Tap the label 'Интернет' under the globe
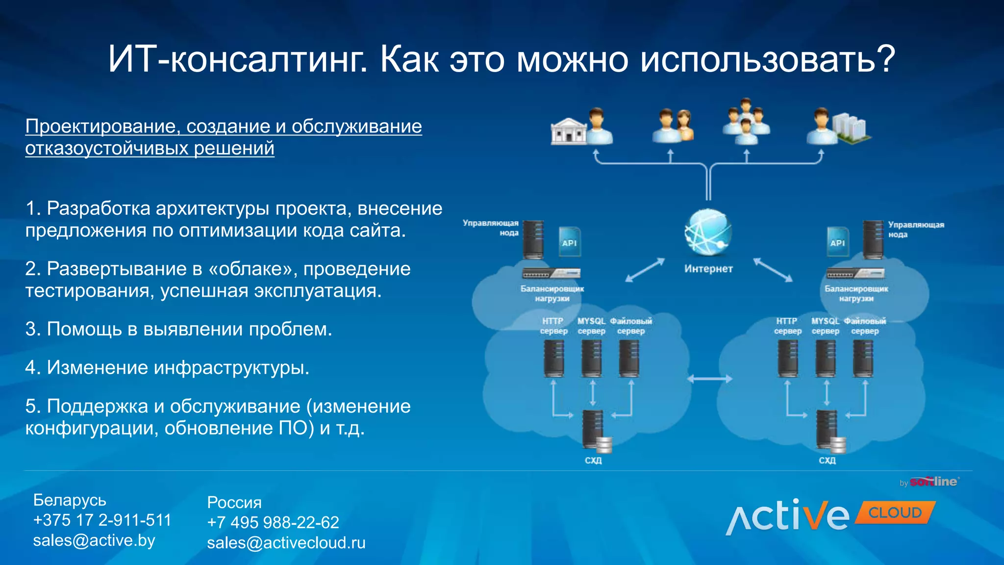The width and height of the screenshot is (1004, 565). point(708,269)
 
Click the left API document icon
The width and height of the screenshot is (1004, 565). point(569,242)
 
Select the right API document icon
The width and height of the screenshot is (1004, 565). point(837,242)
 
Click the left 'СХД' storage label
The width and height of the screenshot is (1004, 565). point(593,461)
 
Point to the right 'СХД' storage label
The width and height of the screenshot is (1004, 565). point(827,461)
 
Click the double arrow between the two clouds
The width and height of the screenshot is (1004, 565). point(709,379)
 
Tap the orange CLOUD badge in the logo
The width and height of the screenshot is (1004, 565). point(895,513)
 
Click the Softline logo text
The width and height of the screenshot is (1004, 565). point(933,482)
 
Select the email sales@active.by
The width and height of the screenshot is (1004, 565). point(94,540)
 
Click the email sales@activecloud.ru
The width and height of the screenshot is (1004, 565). point(286,543)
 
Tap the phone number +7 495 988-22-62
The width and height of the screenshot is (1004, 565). point(273,522)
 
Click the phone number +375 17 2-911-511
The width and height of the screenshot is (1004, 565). point(102,520)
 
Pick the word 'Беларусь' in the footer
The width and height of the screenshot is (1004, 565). point(70,500)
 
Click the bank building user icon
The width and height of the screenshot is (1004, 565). point(581,128)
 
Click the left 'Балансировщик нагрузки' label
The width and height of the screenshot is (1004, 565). point(552,293)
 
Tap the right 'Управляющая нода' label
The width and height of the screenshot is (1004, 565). point(916,230)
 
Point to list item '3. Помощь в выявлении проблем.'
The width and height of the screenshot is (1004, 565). point(179,329)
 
